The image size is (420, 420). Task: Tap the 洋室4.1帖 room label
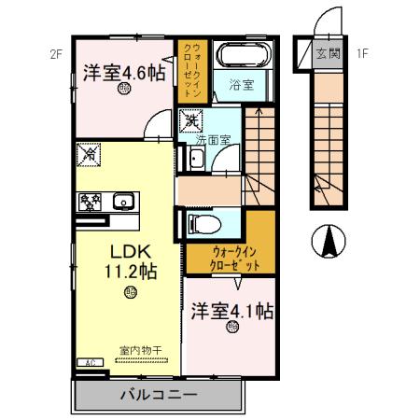pos(232,309)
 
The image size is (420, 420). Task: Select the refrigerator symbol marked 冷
pos(91,153)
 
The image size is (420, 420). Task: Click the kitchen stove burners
pos(91,201)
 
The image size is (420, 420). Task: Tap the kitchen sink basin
pos(123,201)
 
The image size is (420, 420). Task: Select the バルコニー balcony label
pos(160,396)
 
